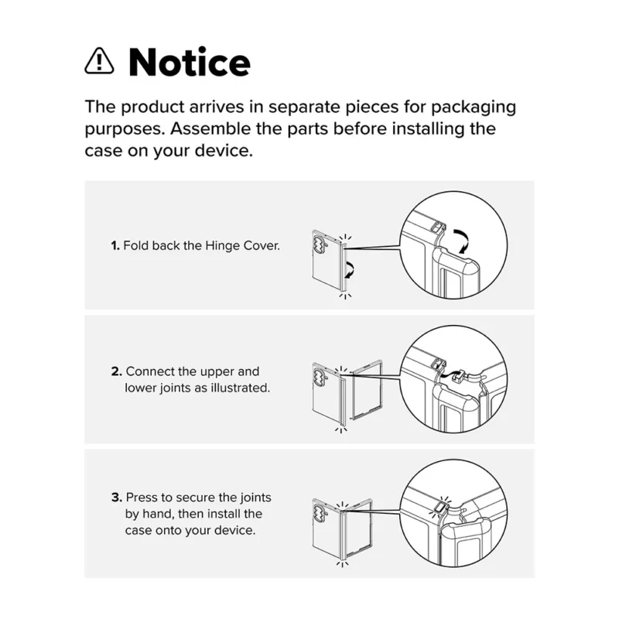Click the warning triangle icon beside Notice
coord(100,61)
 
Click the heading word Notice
coord(190,63)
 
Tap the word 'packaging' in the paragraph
coord(474,108)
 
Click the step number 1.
coord(115,246)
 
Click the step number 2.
coord(116,371)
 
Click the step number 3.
coord(117,498)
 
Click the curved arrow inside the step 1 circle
coord(461,241)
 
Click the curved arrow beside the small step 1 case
coord(350,269)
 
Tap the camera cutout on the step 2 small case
coord(319,376)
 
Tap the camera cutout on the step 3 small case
coord(318,511)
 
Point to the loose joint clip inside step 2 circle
coord(459,375)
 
